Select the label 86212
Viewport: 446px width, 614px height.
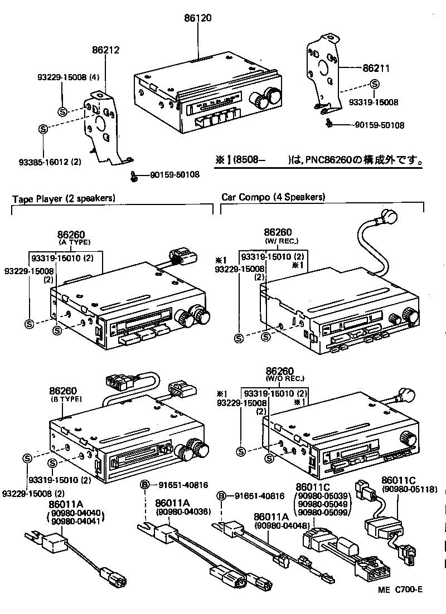[x=105, y=50]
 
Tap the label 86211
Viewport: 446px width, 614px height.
[x=376, y=69]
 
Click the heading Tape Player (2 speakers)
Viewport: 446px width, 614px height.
[x=64, y=198]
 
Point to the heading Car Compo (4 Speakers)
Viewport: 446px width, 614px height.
[x=273, y=197]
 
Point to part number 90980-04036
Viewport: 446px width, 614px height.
[x=178, y=511]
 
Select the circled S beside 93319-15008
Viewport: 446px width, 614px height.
[x=375, y=85]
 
